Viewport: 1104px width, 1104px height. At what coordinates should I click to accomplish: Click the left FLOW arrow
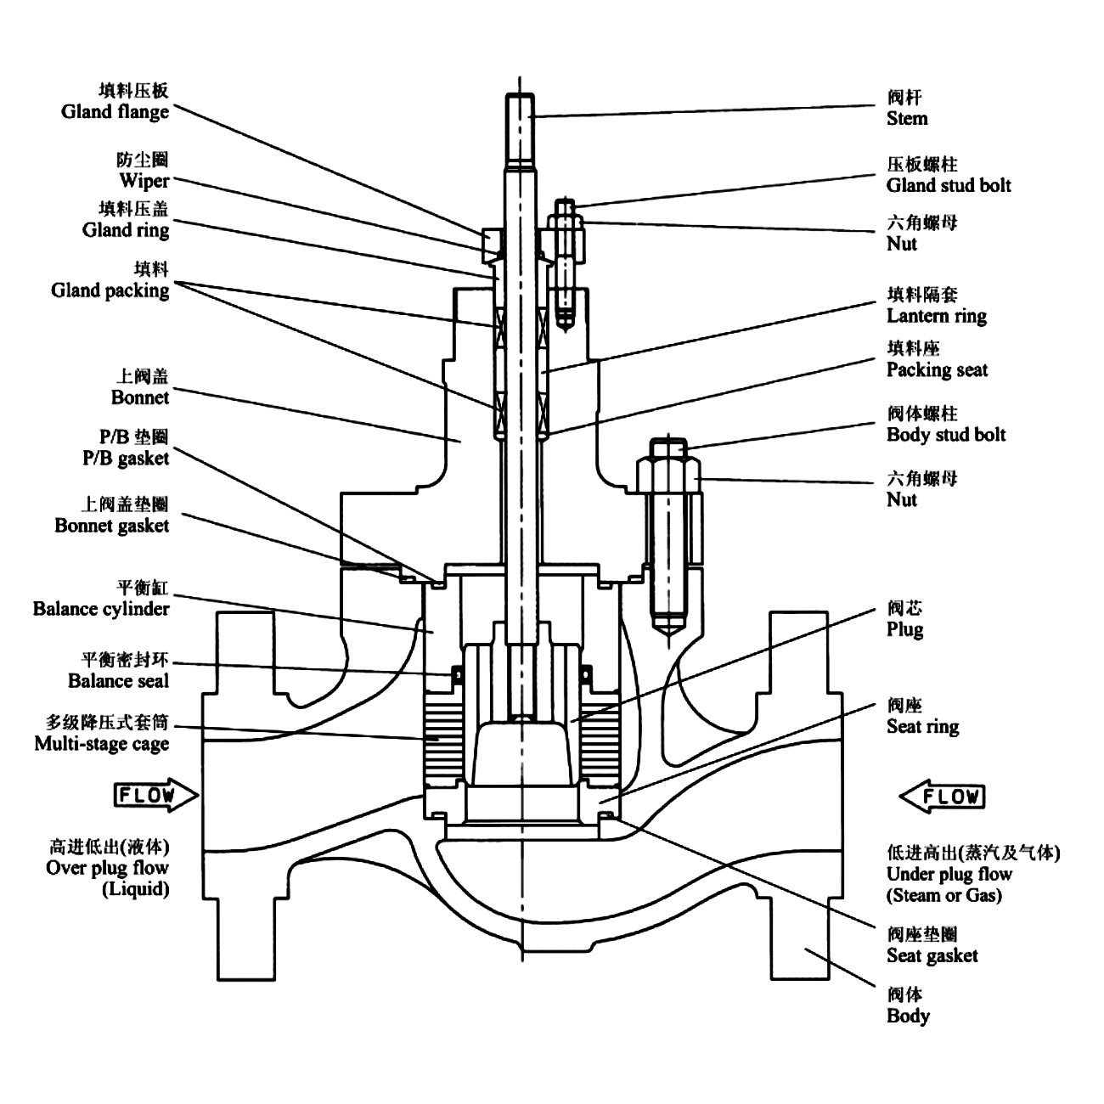[155, 796]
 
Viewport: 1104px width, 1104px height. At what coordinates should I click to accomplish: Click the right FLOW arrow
[943, 797]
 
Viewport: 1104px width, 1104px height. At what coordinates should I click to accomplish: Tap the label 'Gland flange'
[115, 111]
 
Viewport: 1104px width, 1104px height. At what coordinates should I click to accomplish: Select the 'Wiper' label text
[144, 180]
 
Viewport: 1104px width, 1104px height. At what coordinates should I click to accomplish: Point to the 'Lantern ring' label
[937, 316]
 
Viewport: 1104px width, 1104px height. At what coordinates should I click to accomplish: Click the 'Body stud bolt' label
[946, 435]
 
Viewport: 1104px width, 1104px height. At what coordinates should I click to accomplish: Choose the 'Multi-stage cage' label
[102, 744]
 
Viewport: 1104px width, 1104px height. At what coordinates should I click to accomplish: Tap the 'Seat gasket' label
[932, 955]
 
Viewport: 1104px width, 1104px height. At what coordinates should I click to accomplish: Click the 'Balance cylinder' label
[101, 609]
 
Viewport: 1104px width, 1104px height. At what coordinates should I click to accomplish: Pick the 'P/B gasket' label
[126, 459]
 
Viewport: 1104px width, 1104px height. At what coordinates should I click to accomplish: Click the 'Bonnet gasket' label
[111, 526]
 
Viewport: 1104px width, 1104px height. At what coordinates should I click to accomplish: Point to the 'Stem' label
[907, 118]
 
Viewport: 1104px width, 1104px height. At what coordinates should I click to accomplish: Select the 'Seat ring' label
[922, 726]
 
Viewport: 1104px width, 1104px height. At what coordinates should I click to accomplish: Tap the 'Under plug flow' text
[949, 874]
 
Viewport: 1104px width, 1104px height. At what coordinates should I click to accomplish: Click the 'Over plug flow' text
[107, 868]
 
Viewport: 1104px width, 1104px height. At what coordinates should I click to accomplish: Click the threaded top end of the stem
[520, 127]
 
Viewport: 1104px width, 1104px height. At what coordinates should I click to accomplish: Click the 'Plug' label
[904, 629]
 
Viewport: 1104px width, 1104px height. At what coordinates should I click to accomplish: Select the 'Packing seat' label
[938, 369]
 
